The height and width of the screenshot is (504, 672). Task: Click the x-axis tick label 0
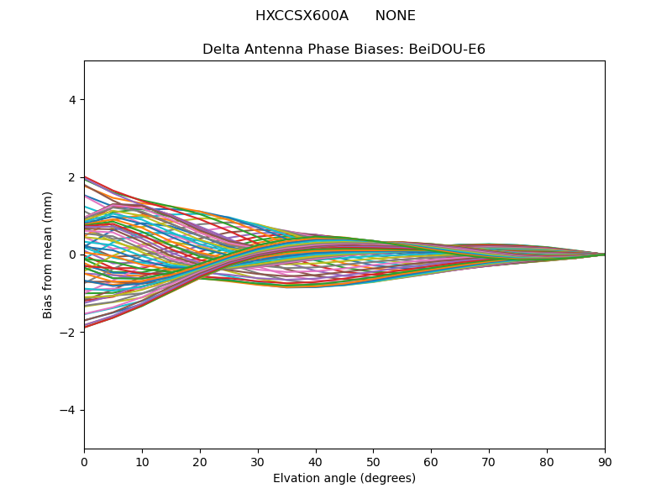pyautogui.click(x=84, y=461)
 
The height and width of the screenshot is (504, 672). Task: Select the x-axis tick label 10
pyautogui.click(x=142, y=461)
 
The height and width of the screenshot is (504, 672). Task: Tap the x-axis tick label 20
pyautogui.click(x=200, y=461)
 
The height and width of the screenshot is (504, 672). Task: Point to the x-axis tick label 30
pyautogui.click(x=258, y=461)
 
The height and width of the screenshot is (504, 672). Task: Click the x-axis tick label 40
pyautogui.click(x=316, y=461)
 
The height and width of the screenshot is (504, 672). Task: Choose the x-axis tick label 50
pyautogui.click(x=374, y=461)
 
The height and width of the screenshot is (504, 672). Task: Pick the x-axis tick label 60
pyautogui.click(x=431, y=461)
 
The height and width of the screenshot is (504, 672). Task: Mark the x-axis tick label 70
pyautogui.click(x=489, y=461)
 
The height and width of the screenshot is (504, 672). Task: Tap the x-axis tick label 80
pyautogui.click(x=547, y=461)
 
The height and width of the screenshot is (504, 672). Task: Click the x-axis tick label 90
pyautogui.click(x=605, y=461)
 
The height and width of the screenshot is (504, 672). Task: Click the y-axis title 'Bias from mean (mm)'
pyautogui.click(x=49, y=255)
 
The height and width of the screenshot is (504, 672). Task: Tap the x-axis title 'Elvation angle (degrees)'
pyautogui.click(x=344, y=478)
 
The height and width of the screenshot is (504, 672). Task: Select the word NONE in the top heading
pyautogui.click(x=395, y=16)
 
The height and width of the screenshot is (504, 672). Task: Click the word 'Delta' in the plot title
pyautogui.click(x=220, y=50)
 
